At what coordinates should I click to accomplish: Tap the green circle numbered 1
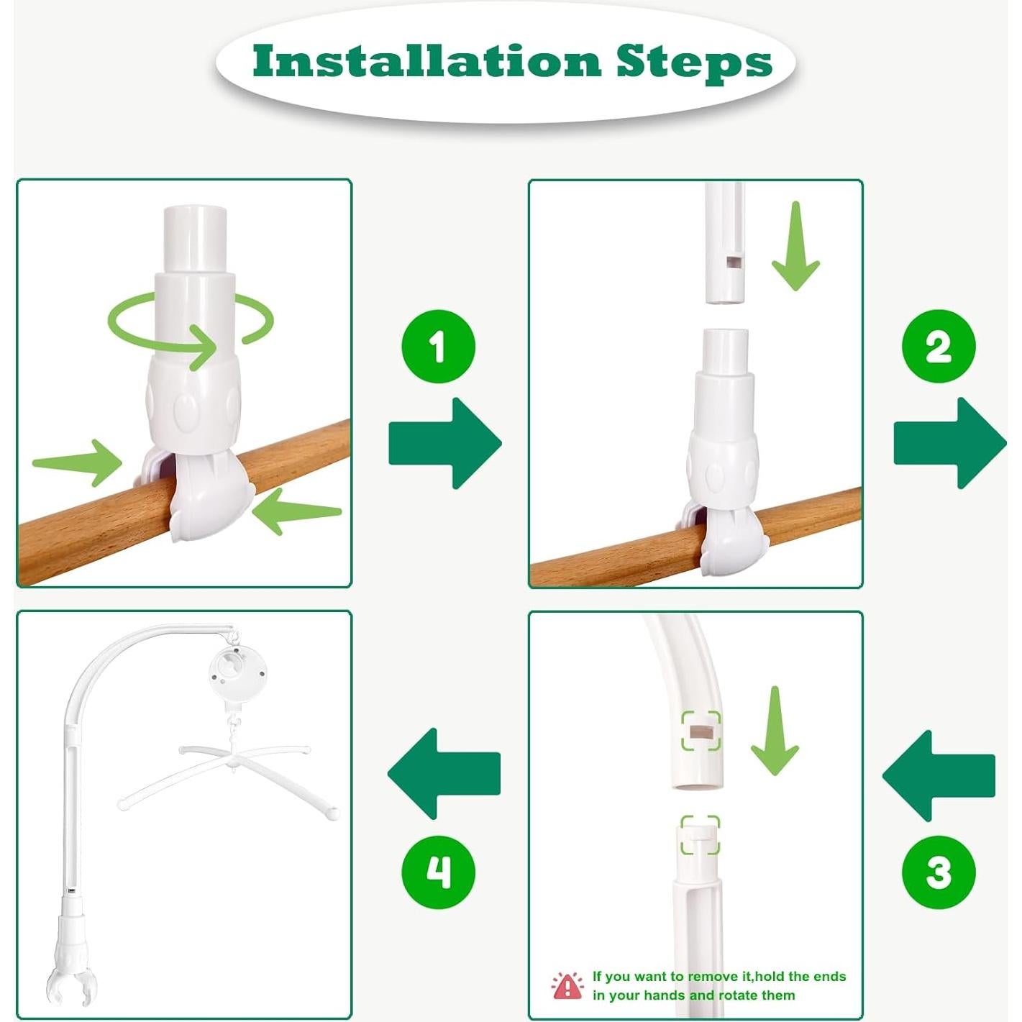(x=438, y=347)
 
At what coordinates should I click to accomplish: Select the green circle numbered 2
(x=938, y=347)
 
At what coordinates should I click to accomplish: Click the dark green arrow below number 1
(x=445, y=443)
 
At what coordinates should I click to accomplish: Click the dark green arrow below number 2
(x=950, y=443)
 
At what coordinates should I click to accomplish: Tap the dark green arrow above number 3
(x=939, y=776)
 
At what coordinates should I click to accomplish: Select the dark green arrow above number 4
(x=444, y=774)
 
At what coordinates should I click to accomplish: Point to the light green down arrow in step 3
(x=775, y=731)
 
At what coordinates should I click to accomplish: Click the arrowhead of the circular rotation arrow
(x=204, y=347)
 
